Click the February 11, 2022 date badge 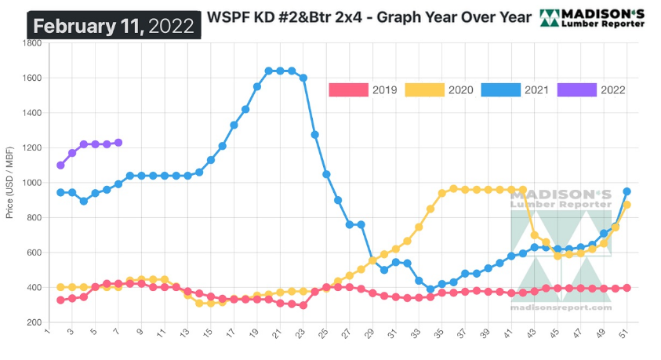coord(114,25)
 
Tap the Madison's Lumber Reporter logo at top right coord(593,18)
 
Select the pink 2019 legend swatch coord(347,89)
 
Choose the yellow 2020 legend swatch coord(423,89)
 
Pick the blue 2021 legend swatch coord(499,89)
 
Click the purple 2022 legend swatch coord(576,89)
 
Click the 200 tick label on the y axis coord(34,322)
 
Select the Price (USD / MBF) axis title coord(9,183)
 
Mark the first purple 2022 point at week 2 coord(60,165)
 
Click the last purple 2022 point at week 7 coord(118,143)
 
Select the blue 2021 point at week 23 coord(303,78)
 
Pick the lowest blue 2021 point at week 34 coord(430,289)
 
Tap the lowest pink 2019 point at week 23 coord(303,306)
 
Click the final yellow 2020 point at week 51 coord(627,205)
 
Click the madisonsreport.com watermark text coord(561,307)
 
